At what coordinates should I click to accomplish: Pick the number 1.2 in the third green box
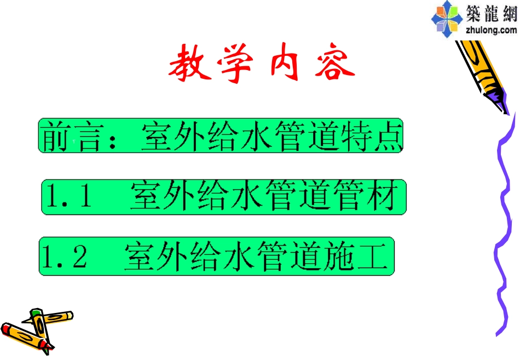[65, 257]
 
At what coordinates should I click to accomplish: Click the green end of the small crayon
[36, 313]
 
